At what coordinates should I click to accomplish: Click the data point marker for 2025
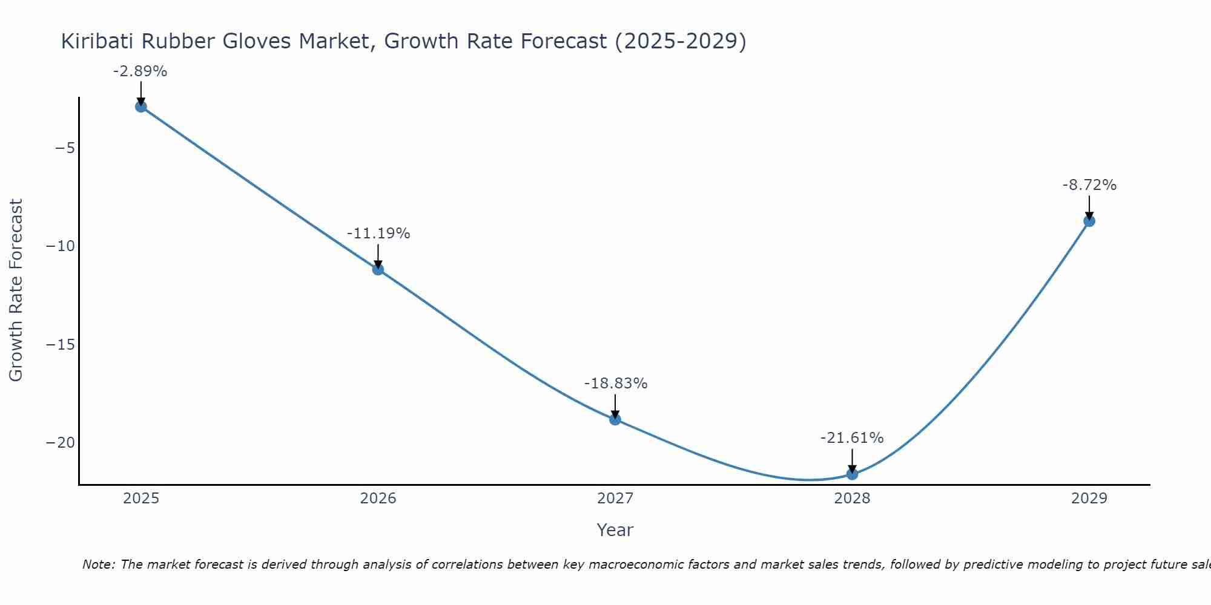141,107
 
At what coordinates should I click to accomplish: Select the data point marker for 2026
378,269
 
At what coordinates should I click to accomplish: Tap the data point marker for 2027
615,419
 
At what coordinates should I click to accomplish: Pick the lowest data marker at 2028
852,474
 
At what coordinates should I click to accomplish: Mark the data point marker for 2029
1089,221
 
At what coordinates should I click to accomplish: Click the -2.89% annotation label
140,71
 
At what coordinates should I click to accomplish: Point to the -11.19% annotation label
378,234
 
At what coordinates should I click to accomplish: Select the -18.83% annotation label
616,384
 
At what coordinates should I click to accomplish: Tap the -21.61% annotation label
852,438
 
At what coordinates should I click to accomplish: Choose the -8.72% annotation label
1089,185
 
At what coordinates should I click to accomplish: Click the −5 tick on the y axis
65,148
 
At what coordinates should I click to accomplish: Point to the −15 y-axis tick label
61,345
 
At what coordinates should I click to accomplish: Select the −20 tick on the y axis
61,443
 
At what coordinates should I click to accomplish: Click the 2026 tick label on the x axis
378,499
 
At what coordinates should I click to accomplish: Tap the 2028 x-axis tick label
852,499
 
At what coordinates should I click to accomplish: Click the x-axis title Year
615,530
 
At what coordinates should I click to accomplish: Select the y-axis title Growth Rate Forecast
16,290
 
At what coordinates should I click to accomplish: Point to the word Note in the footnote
97,564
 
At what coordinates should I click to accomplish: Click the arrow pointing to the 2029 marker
1089,208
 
